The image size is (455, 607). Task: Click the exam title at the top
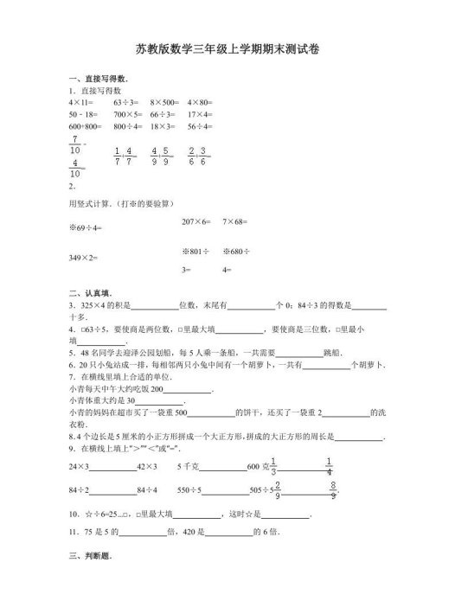[x=227, y=50]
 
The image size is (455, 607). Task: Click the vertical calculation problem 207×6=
[x=196, y=222]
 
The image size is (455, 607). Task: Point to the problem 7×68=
[x=235, y=222]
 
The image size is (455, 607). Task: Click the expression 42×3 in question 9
[x=146, y=466]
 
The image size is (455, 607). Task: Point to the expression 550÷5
[x=189, y=489]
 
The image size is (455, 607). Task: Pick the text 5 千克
[x=189, y=466]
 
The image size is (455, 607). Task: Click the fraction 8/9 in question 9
[x=333, y=489]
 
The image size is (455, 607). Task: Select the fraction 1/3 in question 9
[x=273, y=465]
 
